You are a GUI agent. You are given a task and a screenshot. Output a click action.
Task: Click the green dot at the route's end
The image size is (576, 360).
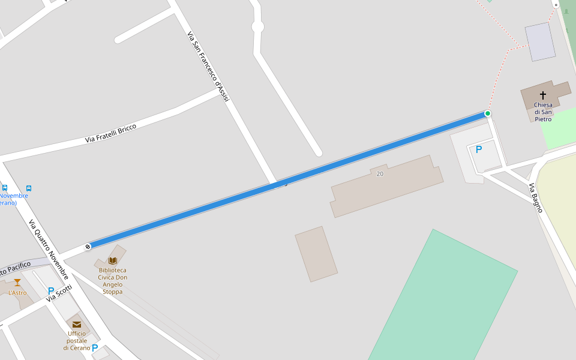(x=488, y=113)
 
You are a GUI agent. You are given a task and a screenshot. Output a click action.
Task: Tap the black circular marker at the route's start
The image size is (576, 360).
(x=88, y=246)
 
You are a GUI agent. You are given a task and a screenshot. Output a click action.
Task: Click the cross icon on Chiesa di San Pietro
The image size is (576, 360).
(x=543, y=95)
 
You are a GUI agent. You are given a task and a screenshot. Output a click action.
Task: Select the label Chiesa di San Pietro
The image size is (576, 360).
(x=543, y=112)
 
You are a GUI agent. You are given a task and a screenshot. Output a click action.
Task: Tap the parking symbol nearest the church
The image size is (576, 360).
(x=479, y=149)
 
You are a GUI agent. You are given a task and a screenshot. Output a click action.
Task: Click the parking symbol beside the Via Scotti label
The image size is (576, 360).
(x=51, y=291)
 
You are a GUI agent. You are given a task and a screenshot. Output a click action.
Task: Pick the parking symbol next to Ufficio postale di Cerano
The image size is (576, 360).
(x=95, y=347)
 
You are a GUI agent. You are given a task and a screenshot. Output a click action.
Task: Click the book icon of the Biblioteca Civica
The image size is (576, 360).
(x=113, y=260)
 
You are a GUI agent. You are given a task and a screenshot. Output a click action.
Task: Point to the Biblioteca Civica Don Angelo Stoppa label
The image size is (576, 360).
(x=113, y=281)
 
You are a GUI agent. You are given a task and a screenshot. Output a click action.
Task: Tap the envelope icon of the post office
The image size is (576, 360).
(x=77, y=325)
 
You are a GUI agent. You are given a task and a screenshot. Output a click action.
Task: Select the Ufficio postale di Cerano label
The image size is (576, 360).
(x=77, y=341)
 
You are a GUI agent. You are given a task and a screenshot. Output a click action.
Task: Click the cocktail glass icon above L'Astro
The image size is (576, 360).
(x=17, y=283)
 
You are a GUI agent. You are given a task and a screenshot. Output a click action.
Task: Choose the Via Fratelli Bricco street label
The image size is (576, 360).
(x=111, y=133)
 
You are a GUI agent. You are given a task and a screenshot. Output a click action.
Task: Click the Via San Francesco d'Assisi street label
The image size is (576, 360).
(x=208, y=66)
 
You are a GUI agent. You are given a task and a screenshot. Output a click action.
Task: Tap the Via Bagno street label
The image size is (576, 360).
(x=536, y=198)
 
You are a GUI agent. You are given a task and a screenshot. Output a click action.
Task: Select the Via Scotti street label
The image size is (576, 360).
(x=59, y=292)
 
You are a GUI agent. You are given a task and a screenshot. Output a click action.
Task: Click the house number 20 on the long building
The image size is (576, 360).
(x=379, y=174)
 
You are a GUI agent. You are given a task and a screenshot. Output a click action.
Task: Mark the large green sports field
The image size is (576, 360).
(x=444, y=300)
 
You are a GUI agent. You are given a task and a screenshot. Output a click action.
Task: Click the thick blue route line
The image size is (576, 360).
(x=288, y=179)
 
